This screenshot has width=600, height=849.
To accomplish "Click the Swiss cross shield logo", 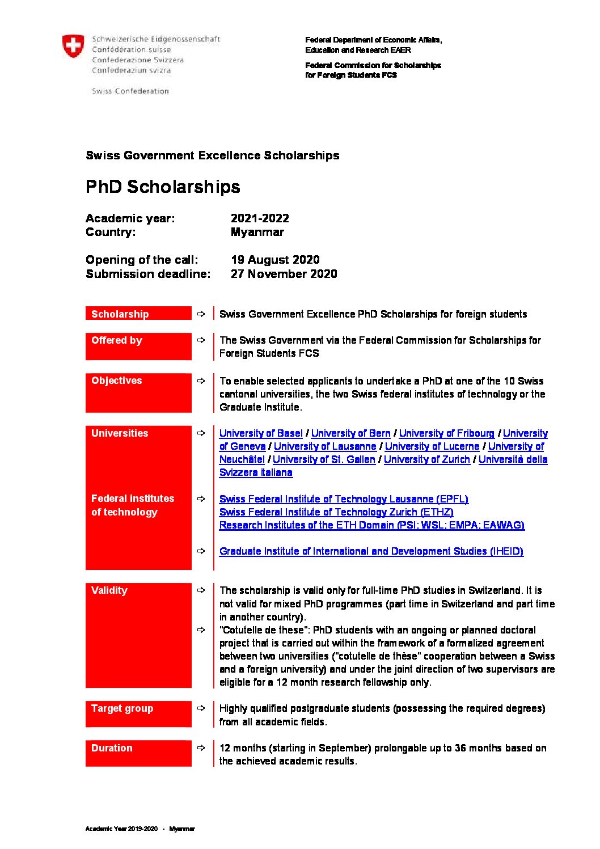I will click(73, 46).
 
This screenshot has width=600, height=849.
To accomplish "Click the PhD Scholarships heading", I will click(163, 187).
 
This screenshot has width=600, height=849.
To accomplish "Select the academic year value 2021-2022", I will click(260, 218).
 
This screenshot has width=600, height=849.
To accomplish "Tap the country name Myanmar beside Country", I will click(257, 232).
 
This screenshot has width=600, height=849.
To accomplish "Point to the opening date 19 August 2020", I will click(275, 260).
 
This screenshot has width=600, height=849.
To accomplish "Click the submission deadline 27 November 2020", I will click(284, 274).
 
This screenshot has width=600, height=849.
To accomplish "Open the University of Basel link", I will click(261, 433).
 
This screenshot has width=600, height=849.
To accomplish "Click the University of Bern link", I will click(350, 433).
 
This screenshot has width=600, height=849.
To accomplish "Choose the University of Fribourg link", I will click(446, 433).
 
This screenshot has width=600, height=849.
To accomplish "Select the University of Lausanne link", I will click(324, 446).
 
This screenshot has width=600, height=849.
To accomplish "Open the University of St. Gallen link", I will click(324, 459).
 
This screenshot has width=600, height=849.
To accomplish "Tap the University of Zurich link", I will click(426, 459).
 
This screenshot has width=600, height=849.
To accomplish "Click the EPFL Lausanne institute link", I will click(344, 499).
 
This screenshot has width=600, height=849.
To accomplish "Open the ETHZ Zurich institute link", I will click(336, 512).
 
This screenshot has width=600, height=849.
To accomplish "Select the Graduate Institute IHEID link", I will click(371, 551).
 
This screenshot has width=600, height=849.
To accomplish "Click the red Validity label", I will click(109, 590).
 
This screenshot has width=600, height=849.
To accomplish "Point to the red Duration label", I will click(112, 748).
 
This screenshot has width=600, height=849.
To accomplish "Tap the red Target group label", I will click(122, 708).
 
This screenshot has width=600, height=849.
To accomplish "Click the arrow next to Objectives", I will click(201, 381).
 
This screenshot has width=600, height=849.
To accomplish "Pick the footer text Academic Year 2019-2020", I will click(121, 829).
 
